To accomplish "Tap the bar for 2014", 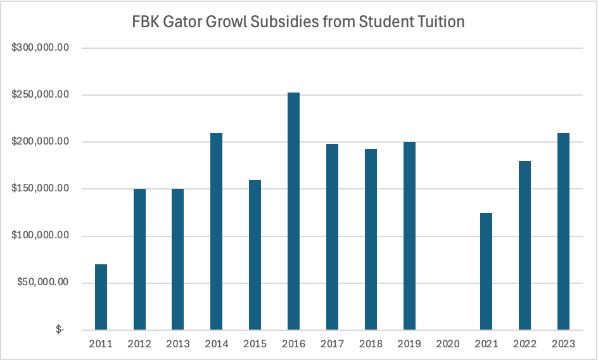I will click(x=216, y=231).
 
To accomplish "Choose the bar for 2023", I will click(x=563, y=231).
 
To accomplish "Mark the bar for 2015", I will click(x=255, y=255).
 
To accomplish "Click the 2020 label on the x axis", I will click(x=448, y=344).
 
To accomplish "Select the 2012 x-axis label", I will click(x=139, y=344).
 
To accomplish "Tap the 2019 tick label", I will click(x=409, y=344).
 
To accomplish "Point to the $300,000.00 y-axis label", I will click(x=39, y=48).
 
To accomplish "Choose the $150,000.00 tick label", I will click(x=39, y=189).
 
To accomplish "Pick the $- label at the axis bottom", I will click(x=60, y=330).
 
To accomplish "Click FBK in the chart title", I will click(x=146, y=22).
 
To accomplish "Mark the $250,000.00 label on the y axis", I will click(x=39, y=95).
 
